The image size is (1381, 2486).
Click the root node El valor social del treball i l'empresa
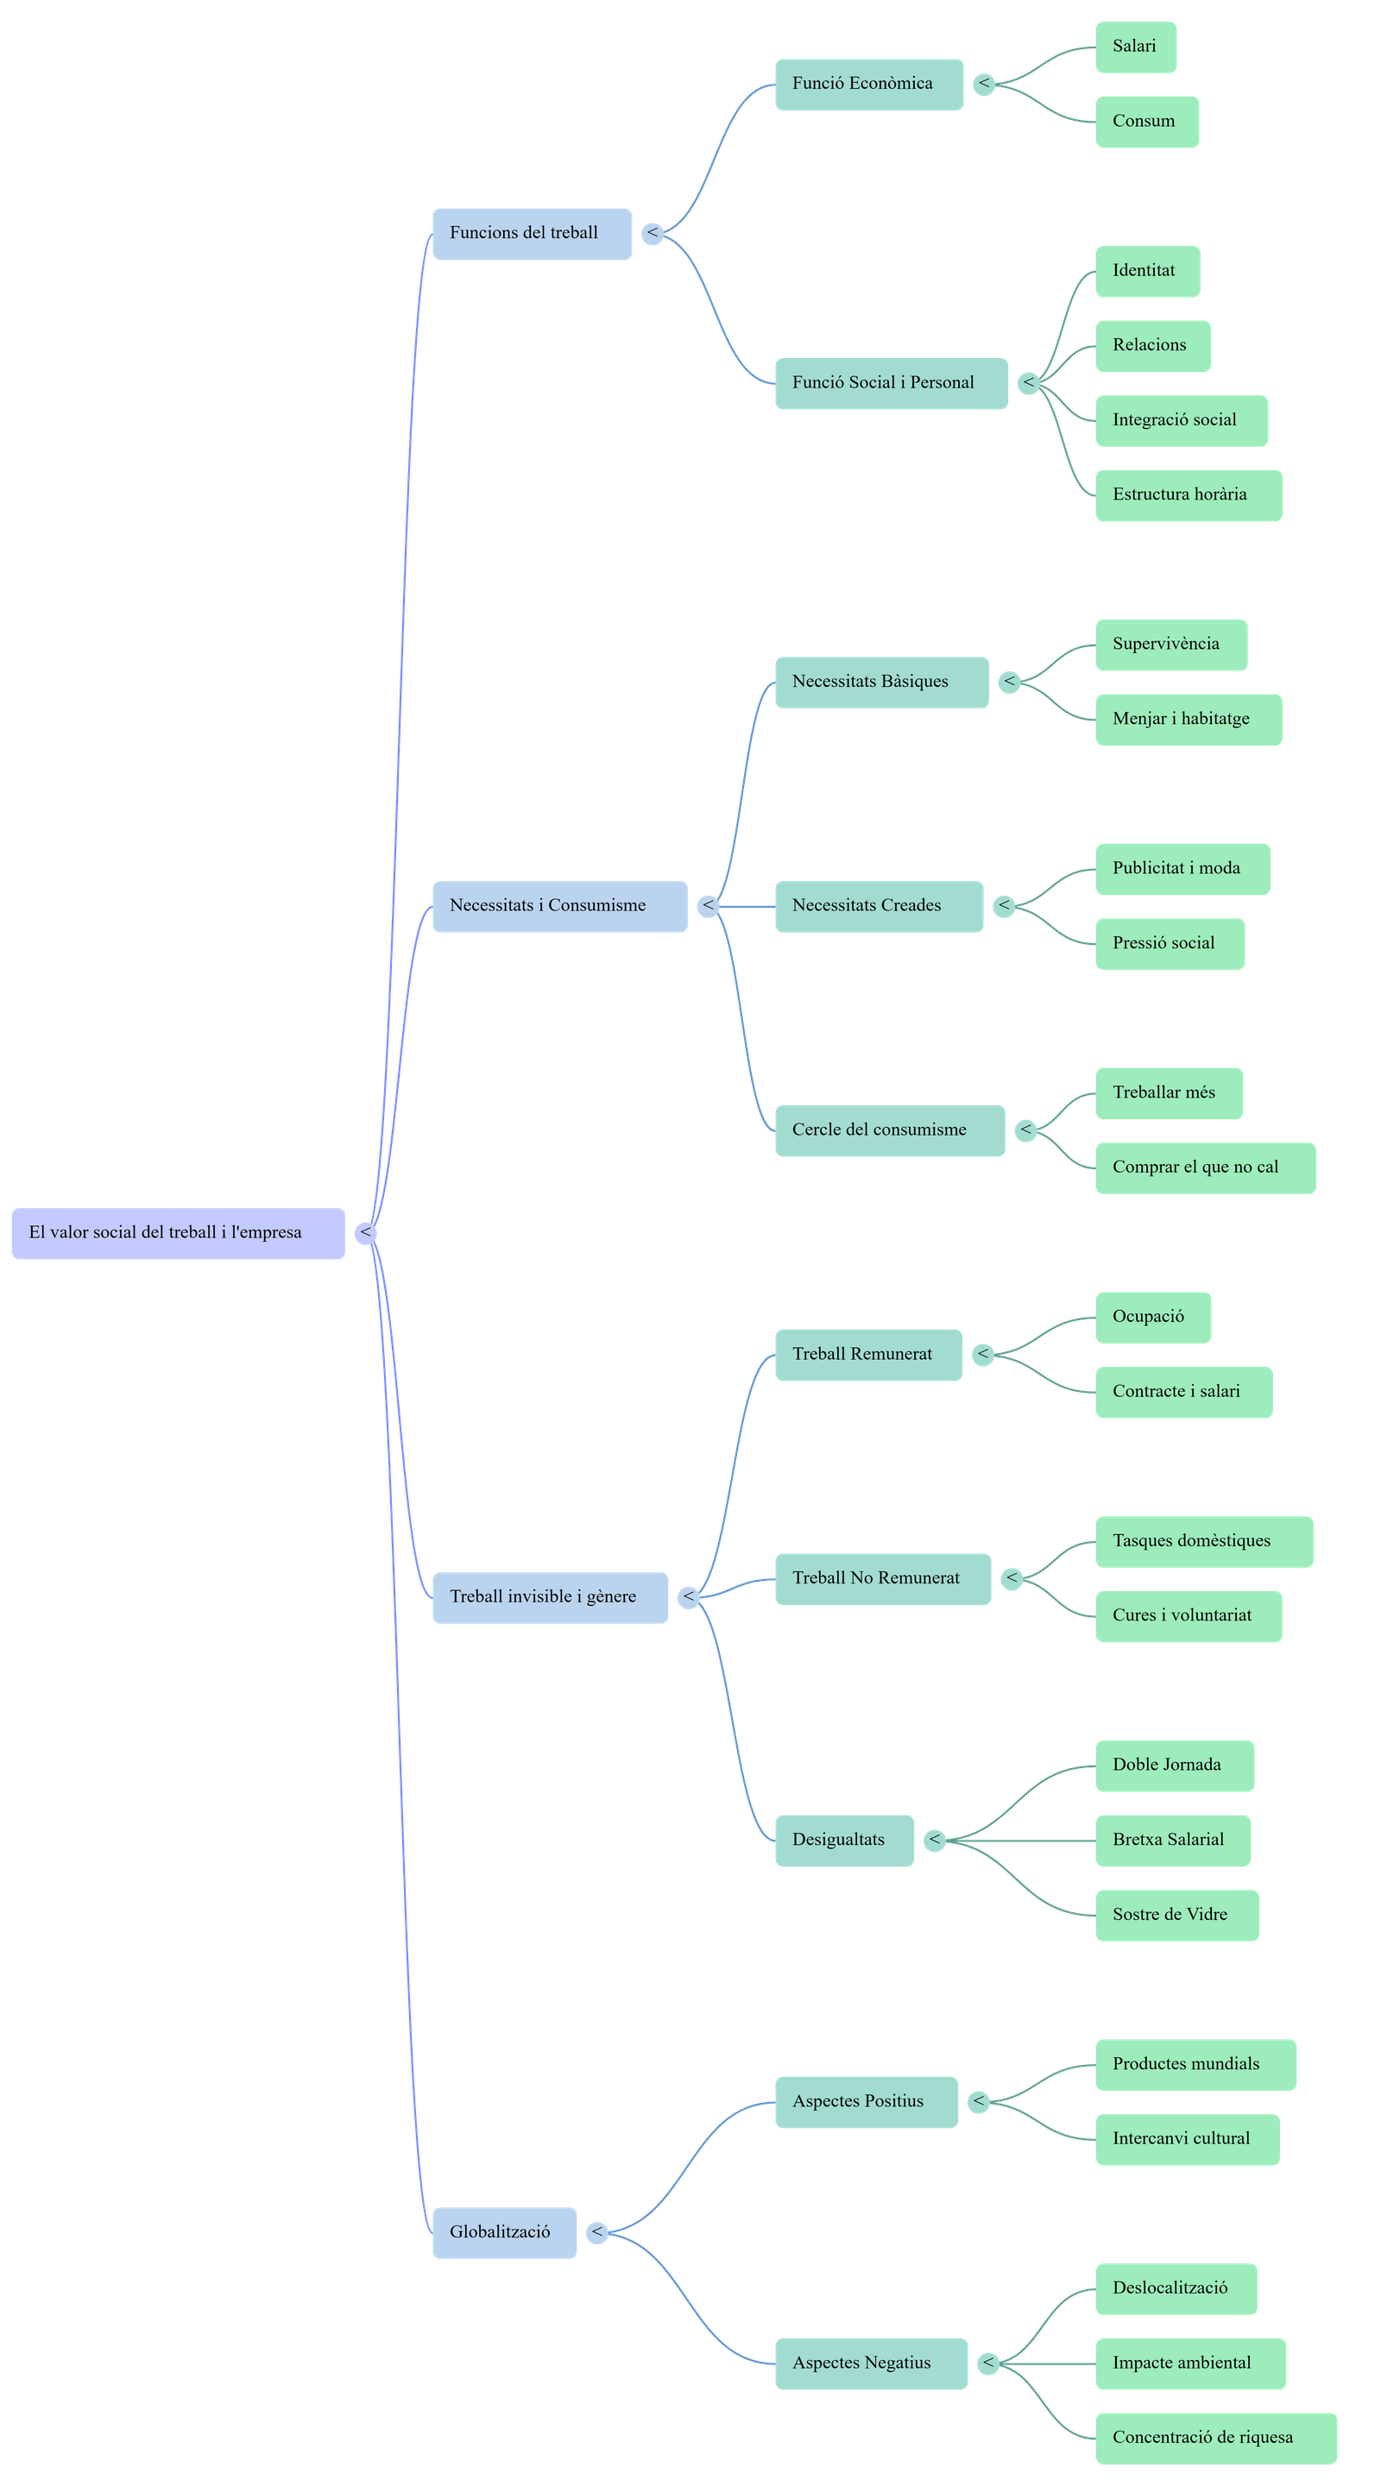click(178, 1232)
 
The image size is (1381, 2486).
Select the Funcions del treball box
click(531, 233)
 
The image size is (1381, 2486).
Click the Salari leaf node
click(1135, 47)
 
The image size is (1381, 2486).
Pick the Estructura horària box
click(1188, 495)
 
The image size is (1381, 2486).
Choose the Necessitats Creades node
click(878, 905)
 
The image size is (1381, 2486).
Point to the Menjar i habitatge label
click(1188, 719)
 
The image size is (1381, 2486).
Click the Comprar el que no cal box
click(1204, 1167)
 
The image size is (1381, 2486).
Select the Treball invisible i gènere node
click(549, 1597)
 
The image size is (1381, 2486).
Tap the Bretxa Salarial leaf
click(1172, 1840)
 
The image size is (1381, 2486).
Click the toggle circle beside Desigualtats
click(934, 1841)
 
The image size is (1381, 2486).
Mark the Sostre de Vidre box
click(1176, 1915)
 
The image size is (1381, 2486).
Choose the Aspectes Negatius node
click(869, 2363)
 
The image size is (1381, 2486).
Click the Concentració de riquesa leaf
click(1215, 2438)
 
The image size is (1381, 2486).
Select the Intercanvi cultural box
click(1186, 2138)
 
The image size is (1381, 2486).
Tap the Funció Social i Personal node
click(890, 383)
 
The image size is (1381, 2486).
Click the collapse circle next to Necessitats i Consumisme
click(709, 905)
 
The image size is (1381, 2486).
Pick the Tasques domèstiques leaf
click(1203, 1541)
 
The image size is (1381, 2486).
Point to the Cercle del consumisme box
click(889, 1130)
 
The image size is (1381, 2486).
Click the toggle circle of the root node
click(366, 1232)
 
